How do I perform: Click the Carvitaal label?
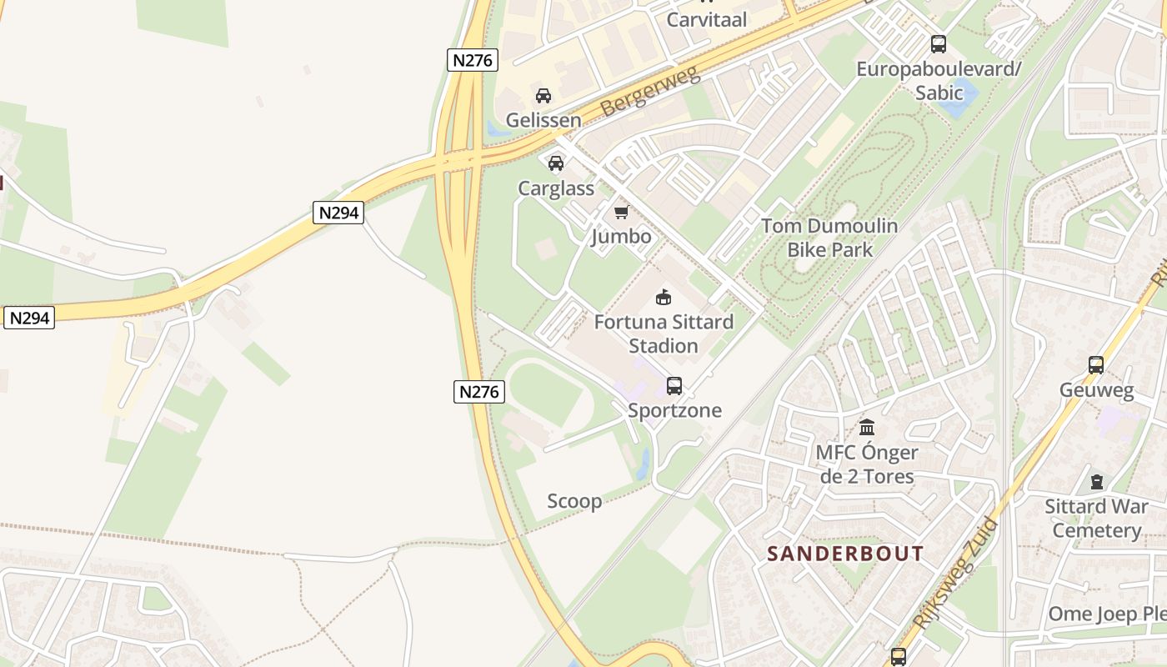706,19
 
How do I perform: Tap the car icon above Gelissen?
543,96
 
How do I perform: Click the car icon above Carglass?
556,163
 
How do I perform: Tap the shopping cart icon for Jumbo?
621,213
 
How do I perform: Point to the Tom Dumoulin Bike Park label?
829,238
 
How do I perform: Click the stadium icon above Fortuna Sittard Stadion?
664,297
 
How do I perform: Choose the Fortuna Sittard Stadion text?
664,333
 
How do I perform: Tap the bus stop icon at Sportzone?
674,386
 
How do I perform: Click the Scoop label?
574,501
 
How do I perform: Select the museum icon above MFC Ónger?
867,428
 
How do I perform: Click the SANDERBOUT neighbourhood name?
845,554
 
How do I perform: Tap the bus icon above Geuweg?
1096,365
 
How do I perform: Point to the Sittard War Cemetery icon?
1096,482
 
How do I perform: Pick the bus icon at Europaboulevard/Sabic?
939,44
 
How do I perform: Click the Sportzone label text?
674,410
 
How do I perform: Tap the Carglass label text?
556,188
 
